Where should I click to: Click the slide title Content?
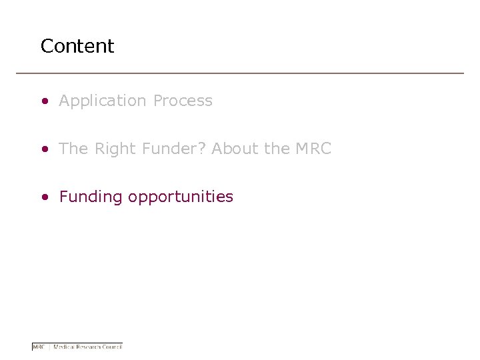point(77,46)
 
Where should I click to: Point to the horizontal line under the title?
point(240,73)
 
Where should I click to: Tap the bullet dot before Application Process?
point(44,101)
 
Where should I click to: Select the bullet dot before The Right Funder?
point(44,149)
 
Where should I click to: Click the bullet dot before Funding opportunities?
point(44,197)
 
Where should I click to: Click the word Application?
point(103,101)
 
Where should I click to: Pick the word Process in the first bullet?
point(183,101)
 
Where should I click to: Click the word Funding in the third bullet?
point(91,197)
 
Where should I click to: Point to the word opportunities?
point(181,197)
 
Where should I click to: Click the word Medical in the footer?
point(64,347)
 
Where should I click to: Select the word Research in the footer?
point(89,347)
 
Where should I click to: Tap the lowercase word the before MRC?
point(277,149)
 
